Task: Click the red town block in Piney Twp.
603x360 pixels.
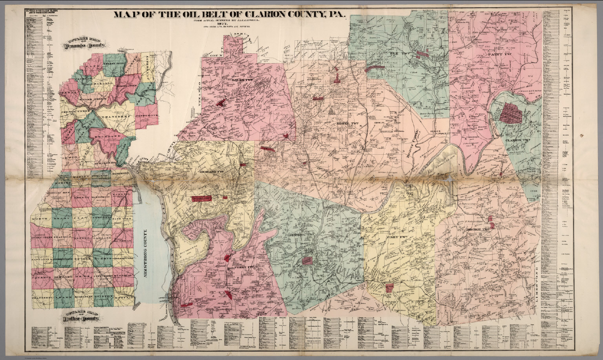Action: pos(389,288)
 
